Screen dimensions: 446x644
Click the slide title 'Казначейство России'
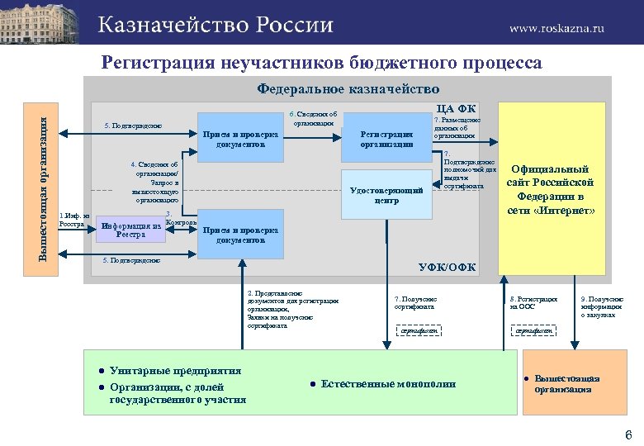click(216, 24)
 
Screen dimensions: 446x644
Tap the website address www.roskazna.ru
click(556, 27)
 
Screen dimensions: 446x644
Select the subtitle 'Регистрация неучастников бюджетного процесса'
click(321, 63)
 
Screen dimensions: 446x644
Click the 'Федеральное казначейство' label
click(348, 88)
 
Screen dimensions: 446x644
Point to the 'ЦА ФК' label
click(456, 107)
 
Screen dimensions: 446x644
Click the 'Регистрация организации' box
click(386, 139)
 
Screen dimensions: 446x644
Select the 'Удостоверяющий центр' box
click(386, 195)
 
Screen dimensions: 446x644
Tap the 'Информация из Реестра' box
click(130, 229)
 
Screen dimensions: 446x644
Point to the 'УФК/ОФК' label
click(447, 267)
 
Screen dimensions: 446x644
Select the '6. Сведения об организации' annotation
click(313, 117)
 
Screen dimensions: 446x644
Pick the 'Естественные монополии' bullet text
click(387, 384)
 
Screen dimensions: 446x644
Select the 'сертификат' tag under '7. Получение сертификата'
click(418, 331)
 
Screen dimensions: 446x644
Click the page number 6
click(628, 434)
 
